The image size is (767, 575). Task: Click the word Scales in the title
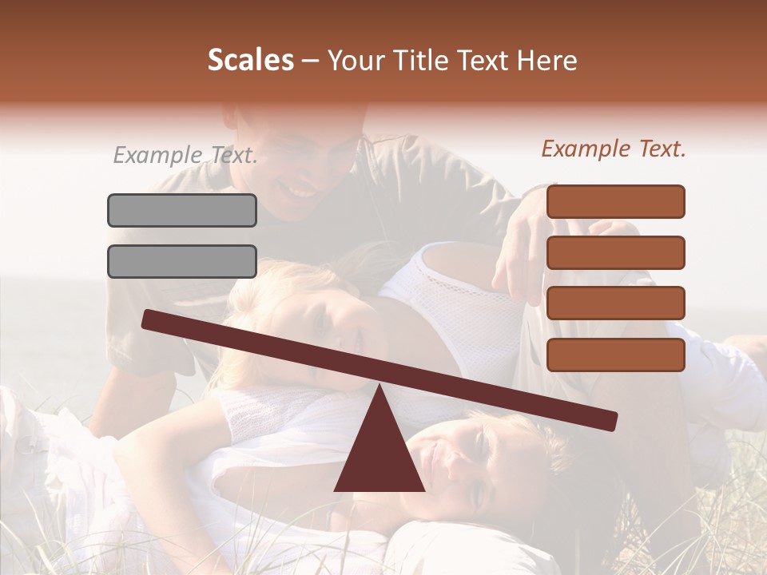click(x=250, y=60)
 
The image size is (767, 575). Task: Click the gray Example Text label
click(x=185, y=155)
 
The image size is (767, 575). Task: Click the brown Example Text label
click(x=614, y=149)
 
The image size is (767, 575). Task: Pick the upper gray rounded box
click(x=182, y=210)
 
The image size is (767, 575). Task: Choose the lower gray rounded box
click(x=182, y=261)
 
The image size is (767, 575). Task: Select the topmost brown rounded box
click(x=616, y=201)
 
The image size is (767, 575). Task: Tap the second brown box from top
click(x=616, y=252)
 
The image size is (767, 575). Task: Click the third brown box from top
click(x=616, y=303)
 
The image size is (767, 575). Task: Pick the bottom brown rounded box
click(x=616, y=355)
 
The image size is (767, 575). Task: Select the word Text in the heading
click(x=487, y=60)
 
